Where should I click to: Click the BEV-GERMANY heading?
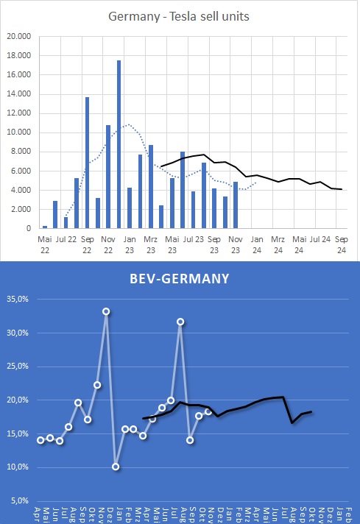pyautogui.click(x=180, y=278)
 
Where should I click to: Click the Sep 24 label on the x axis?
pyautogui.click(x=342, y=244)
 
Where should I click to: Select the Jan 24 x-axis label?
pyautogui.click(x=257, y=244)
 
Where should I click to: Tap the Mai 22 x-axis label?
pyautogui.click(x=45, y=244)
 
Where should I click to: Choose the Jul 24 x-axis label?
pyautogui.click(x=320, y=238)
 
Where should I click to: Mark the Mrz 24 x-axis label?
pyautogui.click(x=278, y=244)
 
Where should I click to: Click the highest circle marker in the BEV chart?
pyautogui.click(x=107, y=311)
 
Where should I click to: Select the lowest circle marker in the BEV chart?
pyautogui.click(x=116, y=467)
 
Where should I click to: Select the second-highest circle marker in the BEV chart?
pyautogui.click(x=180, y=322)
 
